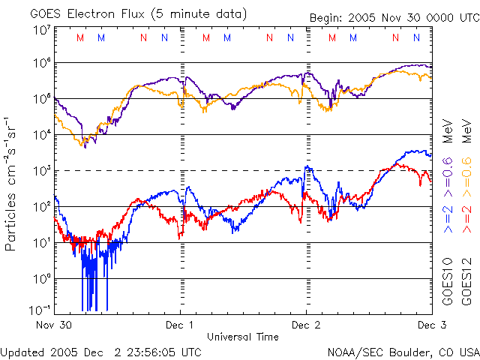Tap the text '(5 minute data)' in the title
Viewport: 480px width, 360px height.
(198, 13)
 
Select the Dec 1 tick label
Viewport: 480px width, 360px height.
(180, 325)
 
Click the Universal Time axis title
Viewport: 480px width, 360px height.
(242, 337)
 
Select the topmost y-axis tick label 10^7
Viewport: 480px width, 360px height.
(41, 31)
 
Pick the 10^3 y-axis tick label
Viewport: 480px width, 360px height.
(41, 170)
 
